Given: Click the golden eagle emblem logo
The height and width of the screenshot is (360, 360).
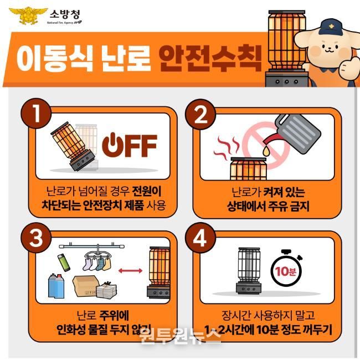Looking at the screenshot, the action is click(28, 16).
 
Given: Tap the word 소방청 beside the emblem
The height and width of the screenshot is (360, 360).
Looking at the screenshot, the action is click(65, 15).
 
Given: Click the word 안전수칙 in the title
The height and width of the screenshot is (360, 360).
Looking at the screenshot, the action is click(210, 58).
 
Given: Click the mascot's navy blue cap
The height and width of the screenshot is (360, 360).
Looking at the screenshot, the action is click(331, 27).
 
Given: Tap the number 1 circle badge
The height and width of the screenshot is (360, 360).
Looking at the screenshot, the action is click(36, 113).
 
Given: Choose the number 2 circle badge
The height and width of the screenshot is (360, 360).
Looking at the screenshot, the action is click(200, 114).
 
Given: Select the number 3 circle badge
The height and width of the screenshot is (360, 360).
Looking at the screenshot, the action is click(36, 238).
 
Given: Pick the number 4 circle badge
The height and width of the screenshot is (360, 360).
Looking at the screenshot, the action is click(200, 238).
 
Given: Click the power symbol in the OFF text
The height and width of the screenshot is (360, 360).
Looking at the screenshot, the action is click(112, 145).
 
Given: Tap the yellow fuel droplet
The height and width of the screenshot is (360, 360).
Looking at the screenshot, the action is click(266, 151).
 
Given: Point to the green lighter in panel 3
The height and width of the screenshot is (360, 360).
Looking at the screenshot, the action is click(64, 263).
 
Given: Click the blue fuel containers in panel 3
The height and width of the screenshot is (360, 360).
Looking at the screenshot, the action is click(56, 285).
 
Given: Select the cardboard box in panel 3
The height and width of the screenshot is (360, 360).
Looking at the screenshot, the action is click(86, 286).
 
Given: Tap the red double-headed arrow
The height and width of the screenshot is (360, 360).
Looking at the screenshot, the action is click(130, 271).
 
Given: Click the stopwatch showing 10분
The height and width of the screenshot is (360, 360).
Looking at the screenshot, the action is click(286, 270).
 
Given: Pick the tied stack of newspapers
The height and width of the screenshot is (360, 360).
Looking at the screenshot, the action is click(106, 289).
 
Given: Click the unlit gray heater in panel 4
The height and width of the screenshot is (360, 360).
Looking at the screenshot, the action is click(249, 270).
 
